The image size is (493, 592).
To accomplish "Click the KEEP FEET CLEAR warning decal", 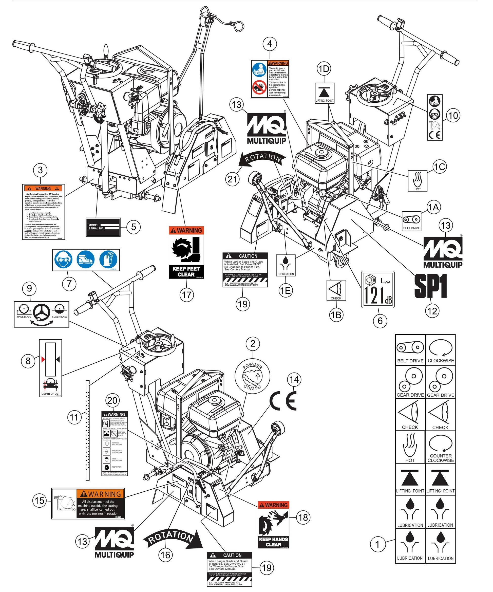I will (x=186, y=252).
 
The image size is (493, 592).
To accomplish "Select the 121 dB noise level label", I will (x=378, y=289).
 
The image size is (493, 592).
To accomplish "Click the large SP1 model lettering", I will (x=430, y=286).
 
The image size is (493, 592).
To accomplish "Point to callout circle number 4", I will (x=270, y=44).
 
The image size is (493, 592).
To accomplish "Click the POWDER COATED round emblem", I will (x=252, y=376).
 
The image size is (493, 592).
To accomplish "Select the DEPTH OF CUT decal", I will (x=50, y=368).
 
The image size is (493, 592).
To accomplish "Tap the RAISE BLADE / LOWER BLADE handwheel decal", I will (x=42, y=314).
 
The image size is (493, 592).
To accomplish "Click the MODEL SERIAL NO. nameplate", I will (x=103, y=227).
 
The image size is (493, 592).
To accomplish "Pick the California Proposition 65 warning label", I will (x=44, y=212).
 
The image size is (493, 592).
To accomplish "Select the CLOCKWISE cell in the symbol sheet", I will (x=441, y=350).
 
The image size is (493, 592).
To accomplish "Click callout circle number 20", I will (x=112, y=401).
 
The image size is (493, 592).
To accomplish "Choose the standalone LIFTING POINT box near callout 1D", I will (x=324, y=93).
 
